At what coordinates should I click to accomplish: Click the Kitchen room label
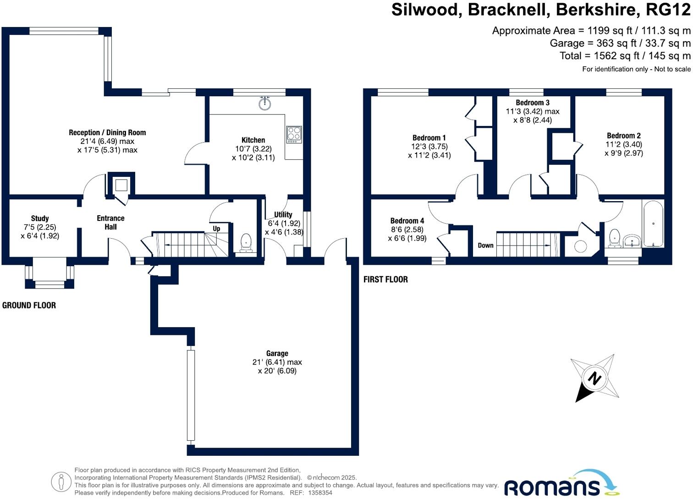point(253,140)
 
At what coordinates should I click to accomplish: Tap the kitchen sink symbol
point(264,104)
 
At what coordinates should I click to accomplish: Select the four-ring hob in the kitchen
point(294,134)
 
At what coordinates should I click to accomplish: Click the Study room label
point(40,219)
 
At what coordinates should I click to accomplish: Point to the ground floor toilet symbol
point(246,242)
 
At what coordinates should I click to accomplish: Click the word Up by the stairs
point(216,229)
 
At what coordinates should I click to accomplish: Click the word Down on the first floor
point(485,245)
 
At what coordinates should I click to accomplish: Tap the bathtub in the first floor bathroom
point(653,224)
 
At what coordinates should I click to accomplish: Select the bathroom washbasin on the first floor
point(632,241)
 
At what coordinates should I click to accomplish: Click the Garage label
point(277,353)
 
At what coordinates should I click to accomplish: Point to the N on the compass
point(594,378)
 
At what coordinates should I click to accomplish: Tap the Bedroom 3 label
point(532,103)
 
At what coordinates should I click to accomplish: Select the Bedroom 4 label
point(407,221)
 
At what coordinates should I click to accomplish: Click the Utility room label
point(283,214)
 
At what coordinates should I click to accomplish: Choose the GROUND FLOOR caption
point(29,305)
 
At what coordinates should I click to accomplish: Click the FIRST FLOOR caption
point(385,279)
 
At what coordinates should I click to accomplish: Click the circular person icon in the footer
point(61,482)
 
